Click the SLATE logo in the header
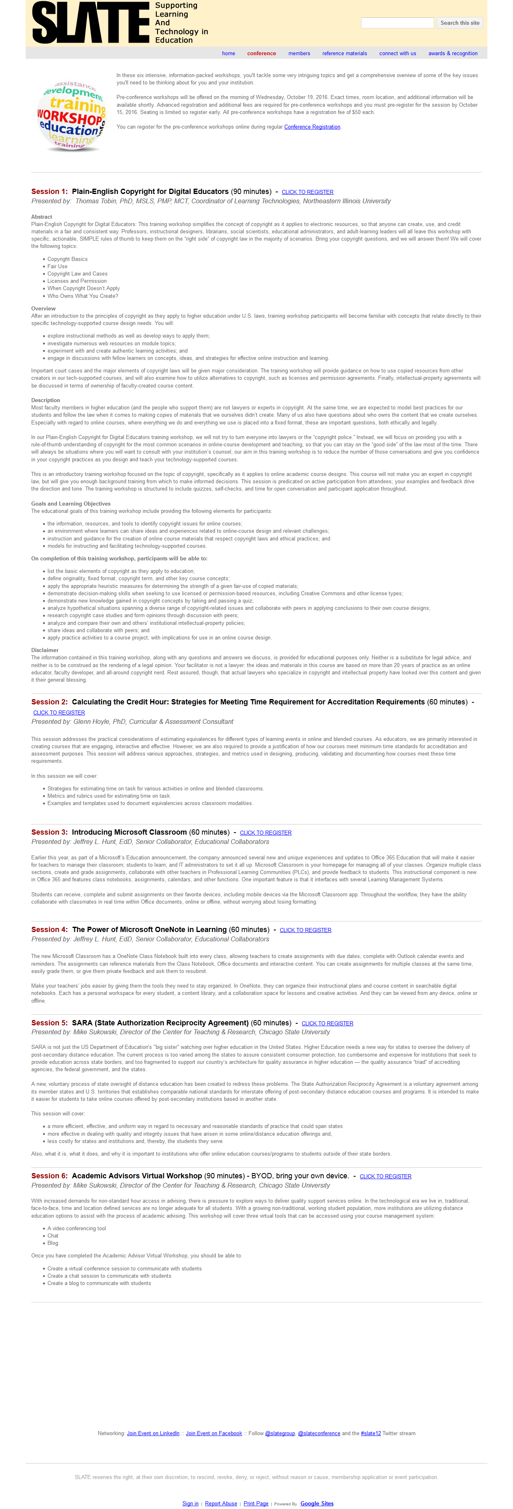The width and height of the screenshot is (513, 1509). pyautogui.click(x=91, y=23)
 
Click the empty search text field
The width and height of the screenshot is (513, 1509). pyautogui.click(x=397, y=23)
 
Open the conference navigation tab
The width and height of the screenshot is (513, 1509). pyautogui.click(x=262, y=53)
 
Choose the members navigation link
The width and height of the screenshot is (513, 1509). pyautogui.click(x=299, y=53)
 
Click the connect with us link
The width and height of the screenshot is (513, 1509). pyautogui.click(x=398, y=53)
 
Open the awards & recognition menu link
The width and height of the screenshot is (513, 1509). pyautogui.click(x=452, y=53)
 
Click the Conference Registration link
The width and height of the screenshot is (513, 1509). pyautogui.click(x=312, y=127)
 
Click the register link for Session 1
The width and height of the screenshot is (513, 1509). pyautogui.click(x=307, y=192)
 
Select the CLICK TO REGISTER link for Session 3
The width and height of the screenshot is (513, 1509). pyautogui.click(x=266, y=833)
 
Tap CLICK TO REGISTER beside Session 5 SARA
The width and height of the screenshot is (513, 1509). pyautogui.click(x=327, y=1023)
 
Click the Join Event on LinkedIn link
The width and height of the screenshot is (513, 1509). pyautogui.click(x=153, y=1434)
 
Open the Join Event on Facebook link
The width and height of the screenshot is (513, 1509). pyautogui.click(x=213, y=1434)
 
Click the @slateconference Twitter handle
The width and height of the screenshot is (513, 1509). pyautogui.click(x=319, y=1434)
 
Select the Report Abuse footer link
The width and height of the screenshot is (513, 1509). pyautogui.click(x=221, y=1504)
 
